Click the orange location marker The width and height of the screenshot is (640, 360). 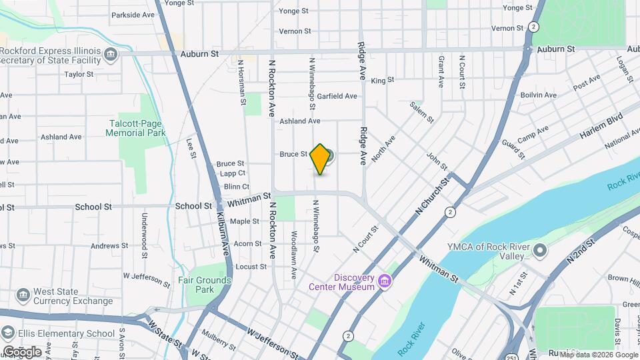(321, 159)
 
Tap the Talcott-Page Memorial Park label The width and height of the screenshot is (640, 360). (135, 127)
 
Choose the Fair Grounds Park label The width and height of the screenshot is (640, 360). (205, 285)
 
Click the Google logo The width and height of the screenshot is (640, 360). (22, 351)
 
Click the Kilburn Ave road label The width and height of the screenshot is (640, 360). (224, 233)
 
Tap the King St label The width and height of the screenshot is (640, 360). (379, 80)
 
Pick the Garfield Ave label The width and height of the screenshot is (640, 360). (337, 96)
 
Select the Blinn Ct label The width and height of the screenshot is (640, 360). (237, 187)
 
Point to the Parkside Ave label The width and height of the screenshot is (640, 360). (133, 15)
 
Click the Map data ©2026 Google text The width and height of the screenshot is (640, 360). (597, 355)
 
